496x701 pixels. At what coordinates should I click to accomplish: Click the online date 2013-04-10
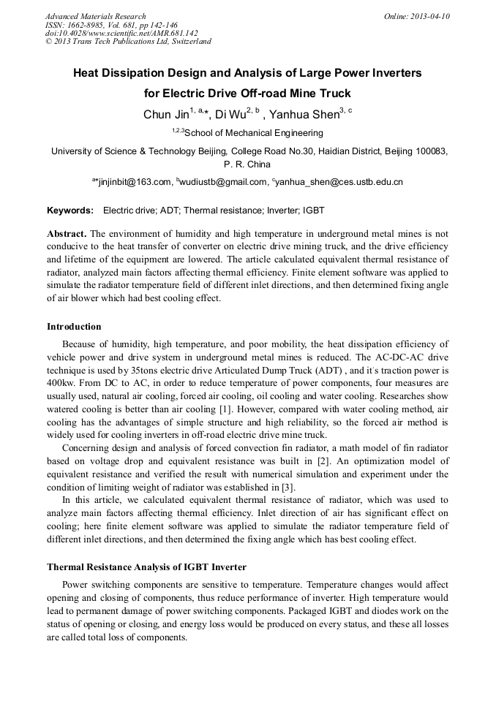coord(425,16)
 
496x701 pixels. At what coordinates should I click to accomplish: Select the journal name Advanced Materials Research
coord(95,16)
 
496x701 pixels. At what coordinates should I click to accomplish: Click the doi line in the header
coord(121,33)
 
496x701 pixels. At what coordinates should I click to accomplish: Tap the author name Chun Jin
coord(165,115)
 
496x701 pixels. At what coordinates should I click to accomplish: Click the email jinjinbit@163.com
coord(134,182)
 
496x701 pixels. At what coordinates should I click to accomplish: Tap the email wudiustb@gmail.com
coord(224,182)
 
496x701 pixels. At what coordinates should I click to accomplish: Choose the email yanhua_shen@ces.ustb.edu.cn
coord(340,182)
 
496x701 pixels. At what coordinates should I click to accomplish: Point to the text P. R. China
coord(247,164)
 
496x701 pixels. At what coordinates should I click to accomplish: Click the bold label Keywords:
coord(70,211)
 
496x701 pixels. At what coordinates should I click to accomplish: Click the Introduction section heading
coord(74,327)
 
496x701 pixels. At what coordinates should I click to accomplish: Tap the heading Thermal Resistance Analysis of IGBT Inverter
coord(146,567)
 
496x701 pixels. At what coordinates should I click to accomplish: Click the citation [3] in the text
coord(280,487)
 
